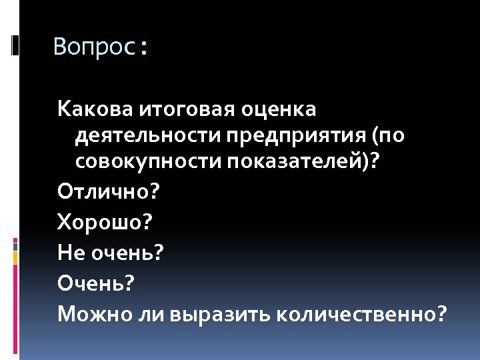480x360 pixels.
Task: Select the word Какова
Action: coord(96,108)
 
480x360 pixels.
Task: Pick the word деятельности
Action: coord(147,136)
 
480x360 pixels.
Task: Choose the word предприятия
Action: coord(297,136)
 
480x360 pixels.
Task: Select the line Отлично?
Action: coord(109,192)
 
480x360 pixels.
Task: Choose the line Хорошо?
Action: coord(105,221)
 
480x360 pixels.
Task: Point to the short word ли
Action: coord(144,313)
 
